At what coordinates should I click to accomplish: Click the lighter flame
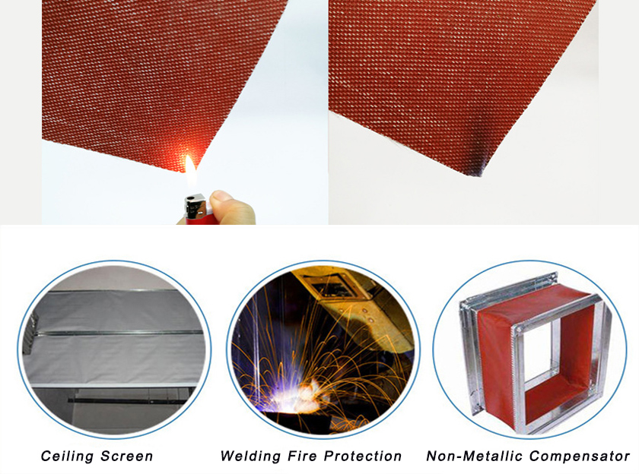coord(190,171)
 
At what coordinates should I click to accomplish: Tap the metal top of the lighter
coord(196,205)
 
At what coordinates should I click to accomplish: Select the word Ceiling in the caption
coord(68,456)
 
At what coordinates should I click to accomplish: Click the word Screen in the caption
coord(127,456)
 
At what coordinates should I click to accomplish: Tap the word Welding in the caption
coord(250,456)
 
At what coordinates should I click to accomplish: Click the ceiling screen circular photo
coord(114,349)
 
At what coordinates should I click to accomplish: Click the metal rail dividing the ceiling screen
coord(118,333)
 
